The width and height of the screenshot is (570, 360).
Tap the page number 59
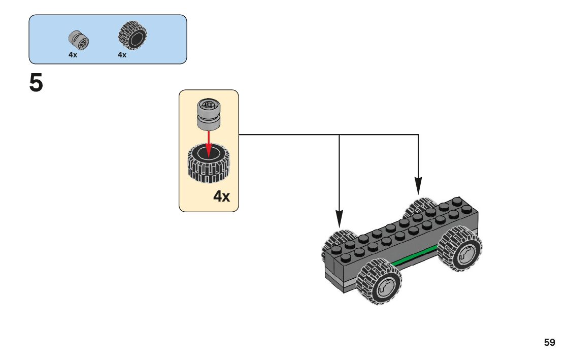coord(549,342)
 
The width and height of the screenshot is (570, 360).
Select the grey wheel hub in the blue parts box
coord(79,40)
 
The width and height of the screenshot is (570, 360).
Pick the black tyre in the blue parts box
coord(132,36)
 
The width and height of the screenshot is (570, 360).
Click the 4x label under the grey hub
coord(73,55)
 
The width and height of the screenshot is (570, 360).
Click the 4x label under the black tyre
coord(122,55)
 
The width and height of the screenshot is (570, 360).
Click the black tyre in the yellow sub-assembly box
coord(209,162)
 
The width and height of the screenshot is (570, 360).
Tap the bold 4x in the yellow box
coord(221,196)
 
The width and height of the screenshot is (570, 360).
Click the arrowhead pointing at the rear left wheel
coord(339,218)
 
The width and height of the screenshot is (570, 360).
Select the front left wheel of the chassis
coord(379,282)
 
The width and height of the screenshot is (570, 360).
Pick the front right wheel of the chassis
coord(460,250)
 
